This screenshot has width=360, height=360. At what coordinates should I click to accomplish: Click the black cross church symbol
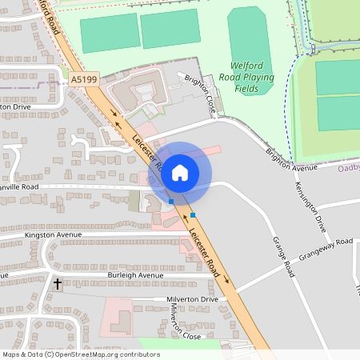(57, 283)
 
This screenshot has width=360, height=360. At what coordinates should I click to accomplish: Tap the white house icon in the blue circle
(180, 172)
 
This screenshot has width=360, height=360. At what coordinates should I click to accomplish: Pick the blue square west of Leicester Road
(171, 202)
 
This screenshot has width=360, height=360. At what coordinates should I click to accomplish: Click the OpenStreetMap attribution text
(80, 354)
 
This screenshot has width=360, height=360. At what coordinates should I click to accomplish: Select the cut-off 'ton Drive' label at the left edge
(15, 106)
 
